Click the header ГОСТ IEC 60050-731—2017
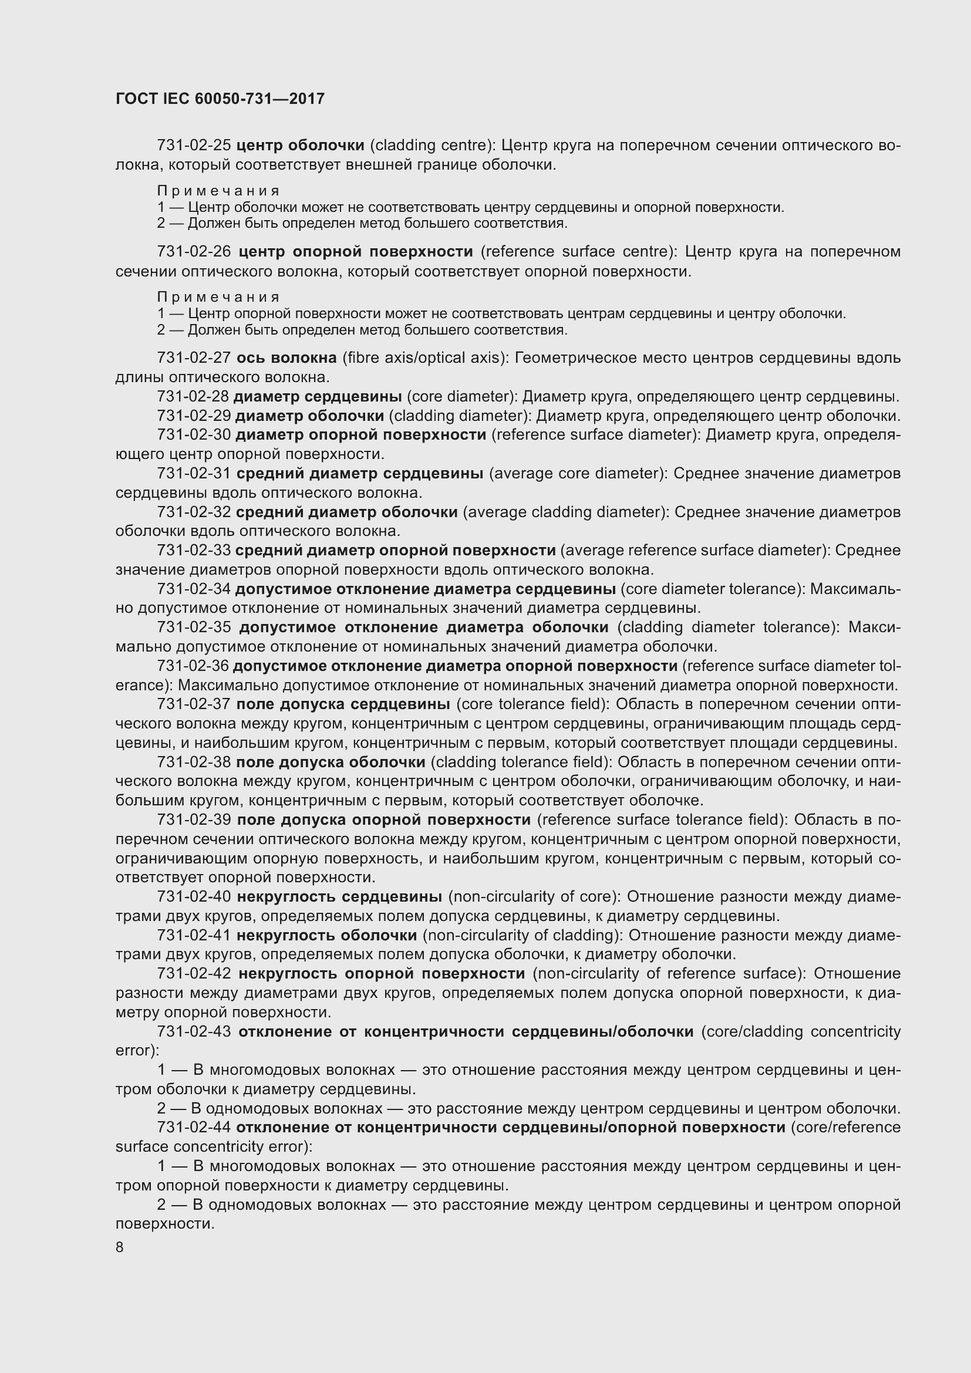[x=220, y=99]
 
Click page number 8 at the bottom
[x=120, y=1247]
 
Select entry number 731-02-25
[x=194, y=146]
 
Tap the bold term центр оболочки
[x=300, y=146]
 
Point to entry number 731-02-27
[x=194, y=357]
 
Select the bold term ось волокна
[x=286, y=357]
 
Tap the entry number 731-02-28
[x=193, y=396]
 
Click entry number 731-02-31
[x=194, y=473]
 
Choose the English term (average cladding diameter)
[x=565, y=512]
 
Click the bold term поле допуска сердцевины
[x=343, y=704]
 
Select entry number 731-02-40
[x=194, y=896]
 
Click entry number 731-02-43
[x=194, y=1031]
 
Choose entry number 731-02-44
[x=194, y=1127]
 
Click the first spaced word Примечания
[x=219, y=191]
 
